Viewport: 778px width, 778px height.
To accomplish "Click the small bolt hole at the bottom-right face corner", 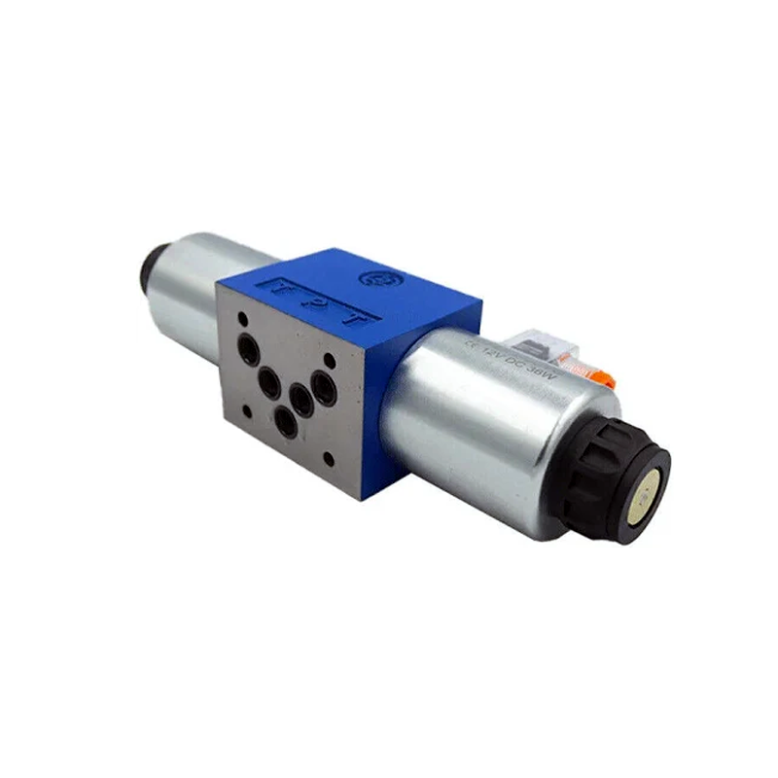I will click(331, 456).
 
